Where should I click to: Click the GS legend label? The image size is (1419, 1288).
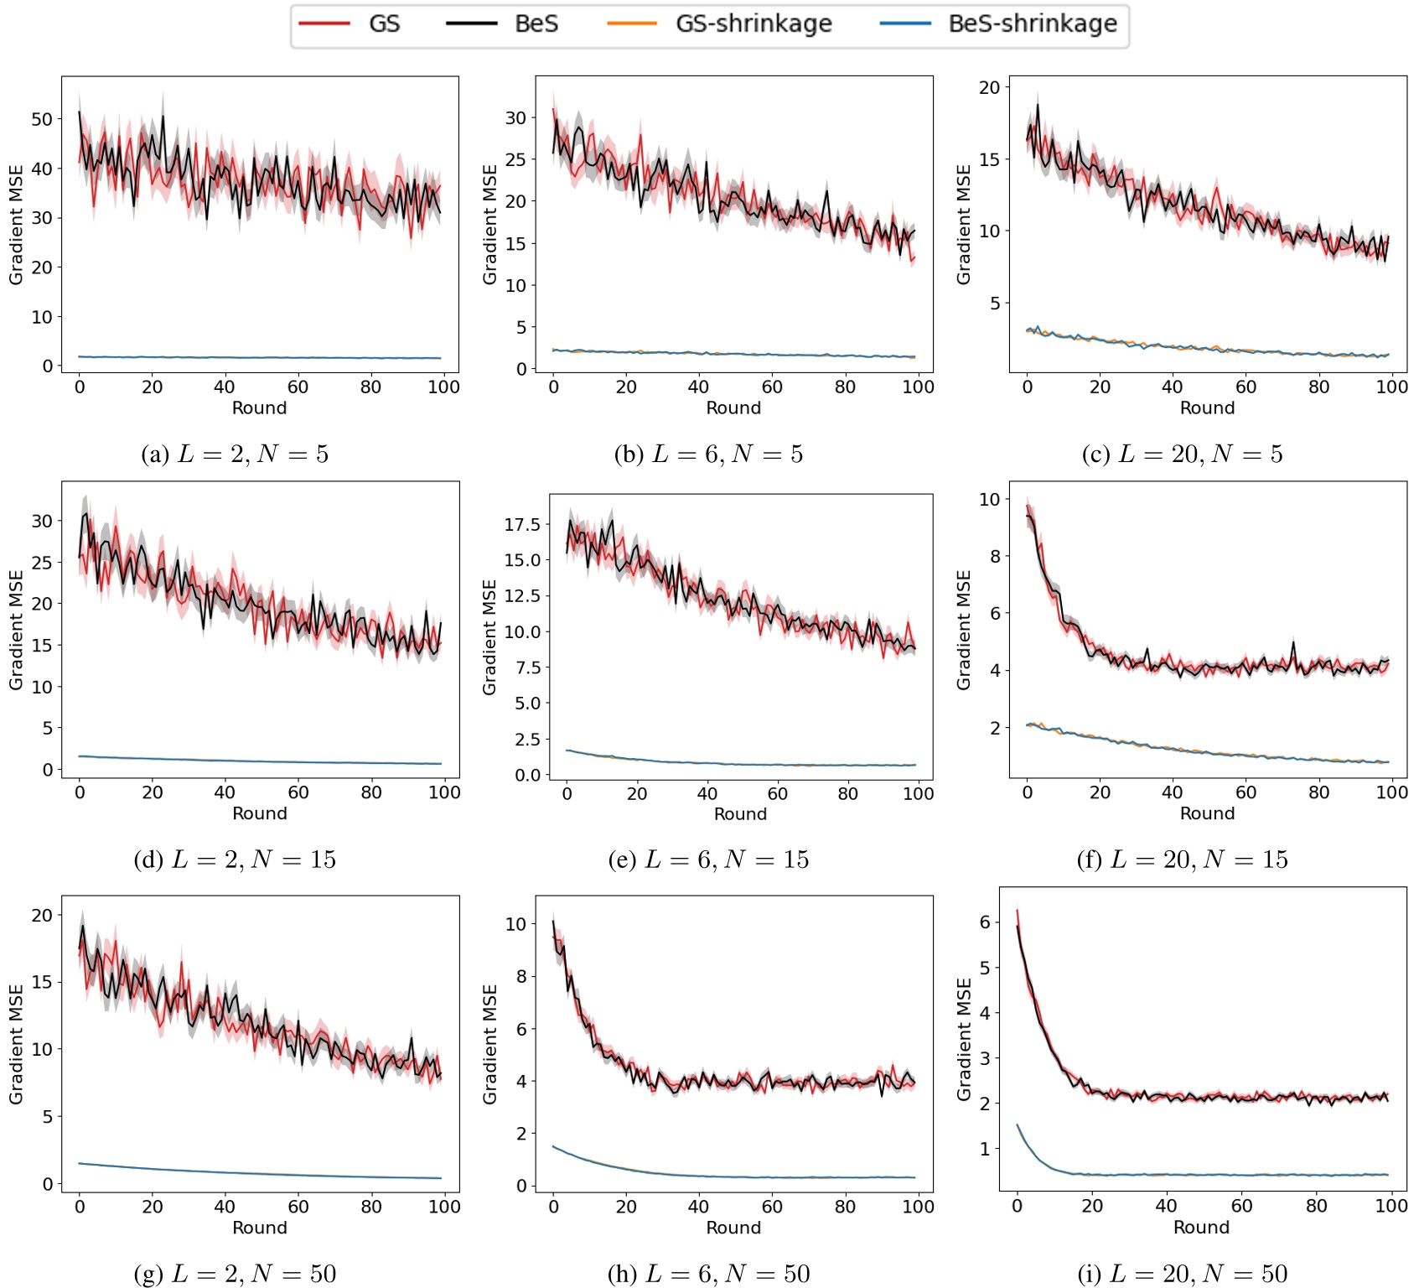point(384,23)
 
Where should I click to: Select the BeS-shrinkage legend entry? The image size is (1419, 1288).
point(1032,23)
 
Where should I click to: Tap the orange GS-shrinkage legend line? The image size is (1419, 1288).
point(632,23)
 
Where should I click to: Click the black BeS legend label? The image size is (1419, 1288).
point(536,23)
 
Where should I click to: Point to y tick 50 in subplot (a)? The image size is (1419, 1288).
point(42,119)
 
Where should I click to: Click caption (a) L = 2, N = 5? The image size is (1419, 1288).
point(235,454)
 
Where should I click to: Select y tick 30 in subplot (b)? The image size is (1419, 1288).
point(515,118)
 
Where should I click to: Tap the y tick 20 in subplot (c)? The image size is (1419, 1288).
point(989,87)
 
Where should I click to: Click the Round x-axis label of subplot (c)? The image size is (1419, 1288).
point(1207,408)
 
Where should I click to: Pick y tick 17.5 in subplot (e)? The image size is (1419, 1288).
point(521,525)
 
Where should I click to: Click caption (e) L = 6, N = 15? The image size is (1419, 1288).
point(708,860)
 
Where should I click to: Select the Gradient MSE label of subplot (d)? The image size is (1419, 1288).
point(16,630)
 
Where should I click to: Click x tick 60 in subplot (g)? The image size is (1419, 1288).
point(298,1207)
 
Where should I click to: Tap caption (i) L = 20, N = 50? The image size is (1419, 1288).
point(1182,1274)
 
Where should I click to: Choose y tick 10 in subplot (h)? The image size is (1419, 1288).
point(515,924)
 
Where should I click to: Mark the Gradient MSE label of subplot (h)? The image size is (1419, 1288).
point(490,1044)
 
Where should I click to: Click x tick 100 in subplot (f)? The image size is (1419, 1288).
point(1391,792)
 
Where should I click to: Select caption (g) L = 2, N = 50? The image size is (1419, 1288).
point(235,1274)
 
